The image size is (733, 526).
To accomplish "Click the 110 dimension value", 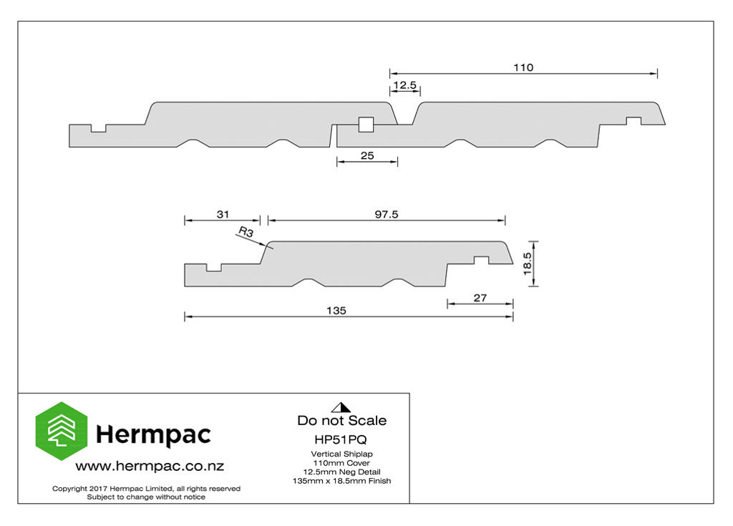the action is click(523, 67).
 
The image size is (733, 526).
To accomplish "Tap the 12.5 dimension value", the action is click(405, 85).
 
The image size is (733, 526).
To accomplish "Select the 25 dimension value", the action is click(367, 156).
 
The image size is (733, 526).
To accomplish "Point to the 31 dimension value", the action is click(223, 214).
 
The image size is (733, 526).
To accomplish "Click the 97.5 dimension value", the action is click(387, 214).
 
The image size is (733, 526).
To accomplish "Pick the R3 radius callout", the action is click(246, 231).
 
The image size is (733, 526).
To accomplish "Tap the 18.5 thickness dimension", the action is click(528, 263).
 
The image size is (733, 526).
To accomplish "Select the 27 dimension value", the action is click(480, 298).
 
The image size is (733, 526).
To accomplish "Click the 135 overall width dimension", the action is click(336, 311).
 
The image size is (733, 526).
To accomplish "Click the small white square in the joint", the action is click(366, 125).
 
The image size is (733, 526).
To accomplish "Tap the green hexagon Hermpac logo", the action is click(62, 431).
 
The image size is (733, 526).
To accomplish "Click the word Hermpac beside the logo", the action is click(153, 435).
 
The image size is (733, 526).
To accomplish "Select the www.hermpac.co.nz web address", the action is click(150, 466).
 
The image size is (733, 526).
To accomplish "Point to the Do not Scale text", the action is click(341, 420).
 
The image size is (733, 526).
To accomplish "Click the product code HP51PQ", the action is click(341, 439).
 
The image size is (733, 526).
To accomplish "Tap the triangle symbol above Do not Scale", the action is click(341, 407).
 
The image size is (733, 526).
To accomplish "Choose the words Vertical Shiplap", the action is click(341, 454).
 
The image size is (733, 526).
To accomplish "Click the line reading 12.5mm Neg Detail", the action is click(341, 472).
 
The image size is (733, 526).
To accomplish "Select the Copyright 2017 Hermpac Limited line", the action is click(146, 489).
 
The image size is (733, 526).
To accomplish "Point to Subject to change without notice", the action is click(146, 497).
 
